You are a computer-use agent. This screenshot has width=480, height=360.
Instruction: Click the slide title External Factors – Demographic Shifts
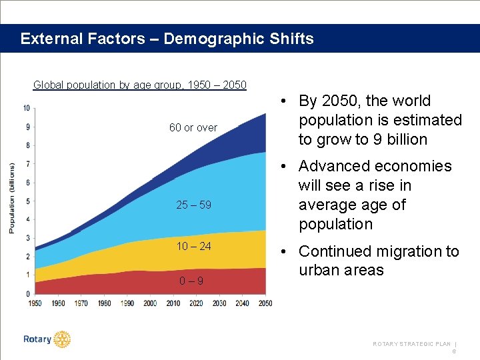pyautogui.click(x=167, y=39)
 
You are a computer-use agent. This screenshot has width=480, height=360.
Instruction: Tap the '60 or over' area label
pyautogui.click(x=193, y=127)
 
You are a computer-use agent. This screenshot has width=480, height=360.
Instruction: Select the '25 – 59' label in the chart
pyautogui.click(x=193, y=205)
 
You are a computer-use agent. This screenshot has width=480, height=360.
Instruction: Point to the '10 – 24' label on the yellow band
pyautogui.click(x=193, y=246)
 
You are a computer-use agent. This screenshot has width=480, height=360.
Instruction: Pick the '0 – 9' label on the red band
pyautogui.click(x=191, y=281)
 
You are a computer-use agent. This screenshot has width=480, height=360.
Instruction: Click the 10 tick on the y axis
pyautogui.click(x=26, y=108)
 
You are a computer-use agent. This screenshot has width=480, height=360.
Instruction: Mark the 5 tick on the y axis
pyautogui.click(x=27, y=201)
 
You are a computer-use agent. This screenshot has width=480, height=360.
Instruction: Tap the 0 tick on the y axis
pyautogui.click(x=27, y=293)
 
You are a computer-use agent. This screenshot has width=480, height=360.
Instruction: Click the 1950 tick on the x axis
pyautogui.click(x=35, y=303)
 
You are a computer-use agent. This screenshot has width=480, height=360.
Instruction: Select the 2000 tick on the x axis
pyautogui.click(x=150, y=303)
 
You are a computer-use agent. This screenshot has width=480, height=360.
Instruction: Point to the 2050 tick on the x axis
pyautogui.click(x=265, y=303)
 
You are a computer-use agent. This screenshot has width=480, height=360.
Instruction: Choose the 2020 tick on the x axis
pyautogui.click(x=196, y=303)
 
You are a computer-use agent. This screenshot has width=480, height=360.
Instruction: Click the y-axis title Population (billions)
pyautogui.click(x=11, y=198)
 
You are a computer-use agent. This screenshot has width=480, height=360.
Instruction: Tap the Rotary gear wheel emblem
pyautogui.click(x=62, y=339)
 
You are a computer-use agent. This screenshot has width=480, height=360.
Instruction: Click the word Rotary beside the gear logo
pyautogui.click(x=37, y=339)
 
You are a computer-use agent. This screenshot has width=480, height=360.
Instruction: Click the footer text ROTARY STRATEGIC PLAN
pyautogui.click(x=411, y=344)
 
